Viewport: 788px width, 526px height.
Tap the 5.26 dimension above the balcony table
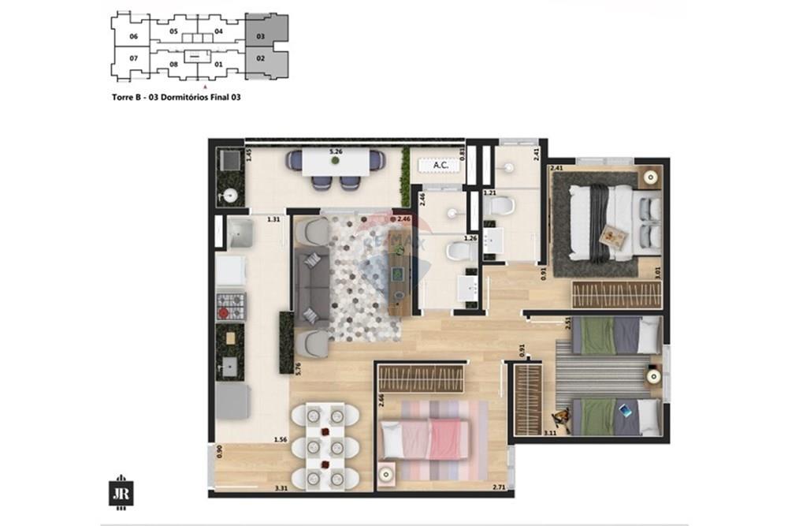point(336,151)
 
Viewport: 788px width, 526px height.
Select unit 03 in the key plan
point(260,35)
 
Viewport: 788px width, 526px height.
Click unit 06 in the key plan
point(133,37)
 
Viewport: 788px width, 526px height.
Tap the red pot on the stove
point(223,313)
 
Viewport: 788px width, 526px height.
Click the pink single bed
point(426,438)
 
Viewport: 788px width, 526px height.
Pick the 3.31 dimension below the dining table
point(281,489)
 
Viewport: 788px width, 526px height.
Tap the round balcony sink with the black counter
point(230,196)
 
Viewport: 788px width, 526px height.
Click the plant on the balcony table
point(336,162)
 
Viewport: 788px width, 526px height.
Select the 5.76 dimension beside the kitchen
point(298,367)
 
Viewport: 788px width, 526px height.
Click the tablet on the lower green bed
point(625,411)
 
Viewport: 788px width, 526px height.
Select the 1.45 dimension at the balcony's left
point(249,155)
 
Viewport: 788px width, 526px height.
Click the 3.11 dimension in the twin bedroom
point(550,431)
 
